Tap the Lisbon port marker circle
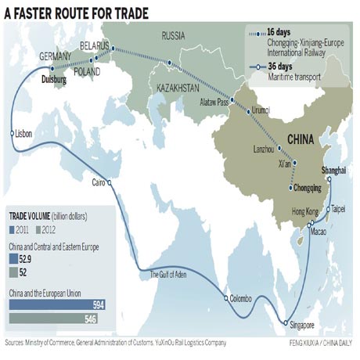(13, 134)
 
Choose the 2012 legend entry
(51, 229)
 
